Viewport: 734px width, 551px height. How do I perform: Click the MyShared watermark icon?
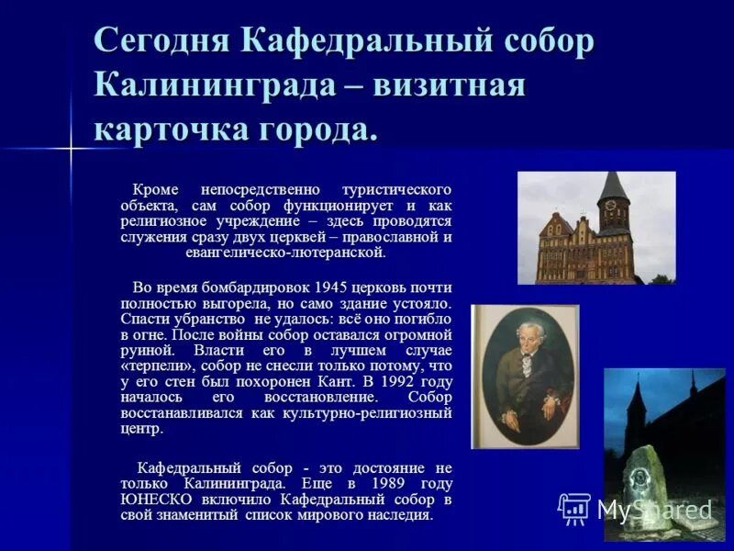pos(575,508)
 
